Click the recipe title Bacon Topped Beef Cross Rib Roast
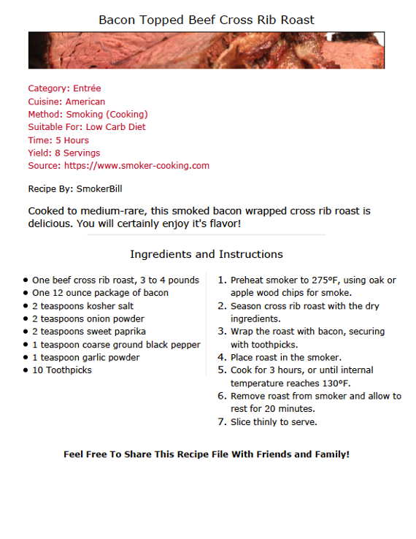[207, 20]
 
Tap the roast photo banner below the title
[207, 50]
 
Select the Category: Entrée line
[64, 88]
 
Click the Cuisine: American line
[66, 102]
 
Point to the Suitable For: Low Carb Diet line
[87, 127]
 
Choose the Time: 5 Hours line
[58, 140]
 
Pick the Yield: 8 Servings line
[64, 153]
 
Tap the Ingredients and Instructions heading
[207, 254]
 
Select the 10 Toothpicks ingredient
[62, 370]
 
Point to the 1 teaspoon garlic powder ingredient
[85, 357]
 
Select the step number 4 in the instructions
[222, 358]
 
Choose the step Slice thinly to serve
[274, 422]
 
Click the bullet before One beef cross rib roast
[26, 280]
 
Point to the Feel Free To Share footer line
[207, 454]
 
